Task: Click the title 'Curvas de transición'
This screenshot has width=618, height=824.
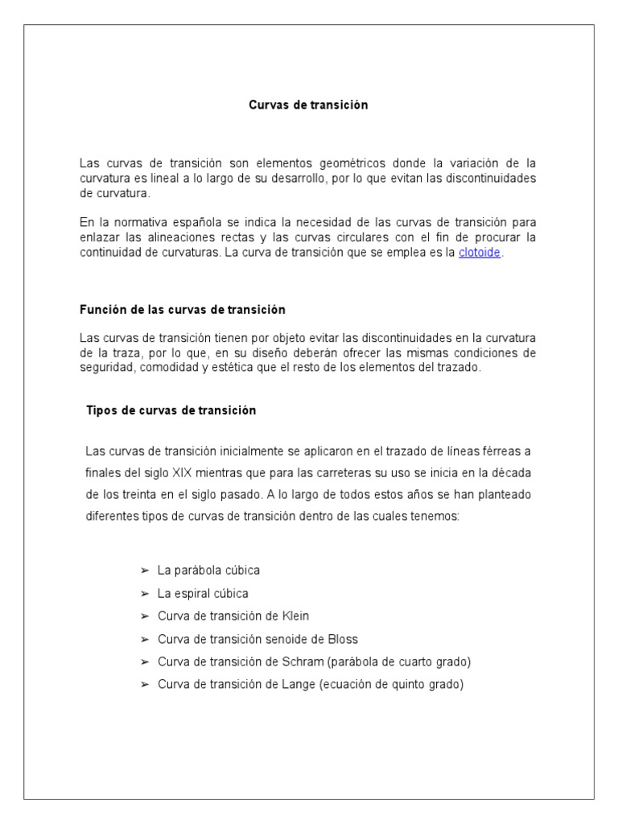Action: [308, 105]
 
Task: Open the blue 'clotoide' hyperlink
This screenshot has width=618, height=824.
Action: [480, 253]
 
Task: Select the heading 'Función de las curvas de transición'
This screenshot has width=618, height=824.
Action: [183, 309]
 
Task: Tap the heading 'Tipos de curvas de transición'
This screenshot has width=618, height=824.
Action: [171, 410]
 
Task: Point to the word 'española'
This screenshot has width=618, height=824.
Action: [201, 222]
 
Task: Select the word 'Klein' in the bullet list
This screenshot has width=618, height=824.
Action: [294, 616]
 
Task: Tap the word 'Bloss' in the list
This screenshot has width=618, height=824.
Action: [342, 639]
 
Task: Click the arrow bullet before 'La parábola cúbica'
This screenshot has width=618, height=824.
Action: [145, 570]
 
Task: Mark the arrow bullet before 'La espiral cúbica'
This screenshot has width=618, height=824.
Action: [145, 593]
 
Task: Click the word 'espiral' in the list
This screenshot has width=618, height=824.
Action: [190, 593]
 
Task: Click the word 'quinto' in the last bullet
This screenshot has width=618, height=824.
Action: [406, 685]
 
